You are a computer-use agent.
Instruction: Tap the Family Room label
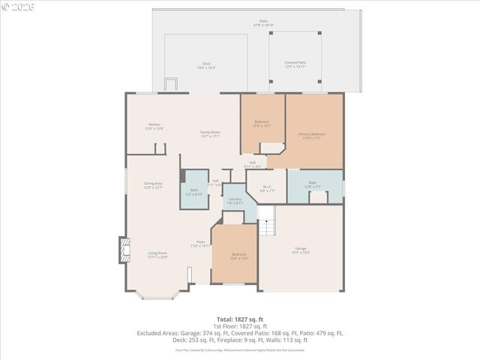[209, 133]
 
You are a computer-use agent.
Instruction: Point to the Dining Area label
[154, 185]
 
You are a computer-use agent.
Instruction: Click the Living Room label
[157, 255]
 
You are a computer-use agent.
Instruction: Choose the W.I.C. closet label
[267, 188]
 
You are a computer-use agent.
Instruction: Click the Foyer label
[200, 243]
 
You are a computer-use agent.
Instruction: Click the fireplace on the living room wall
[123, 250]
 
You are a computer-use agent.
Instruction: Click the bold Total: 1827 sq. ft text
[239, 319]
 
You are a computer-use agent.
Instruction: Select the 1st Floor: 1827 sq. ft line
[239, 325]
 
